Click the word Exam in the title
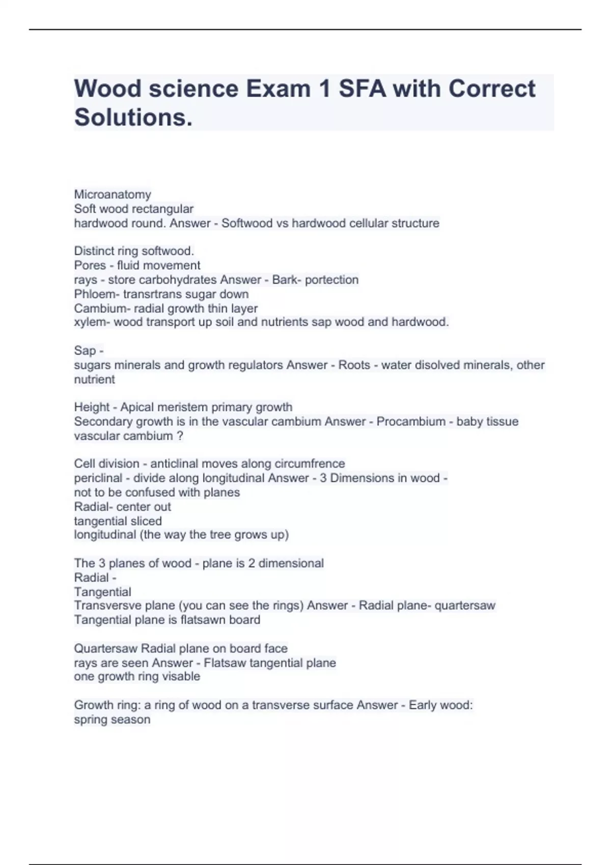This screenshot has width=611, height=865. pos(278,89)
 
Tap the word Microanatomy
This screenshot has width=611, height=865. pos(113,194)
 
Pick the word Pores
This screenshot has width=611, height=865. pos(90,265)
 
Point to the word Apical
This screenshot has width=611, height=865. pos(137,407)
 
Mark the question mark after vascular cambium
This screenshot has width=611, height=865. pos(180,436)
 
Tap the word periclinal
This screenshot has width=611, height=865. pos(98,478)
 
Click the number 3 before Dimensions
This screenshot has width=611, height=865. pos(323,478)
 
